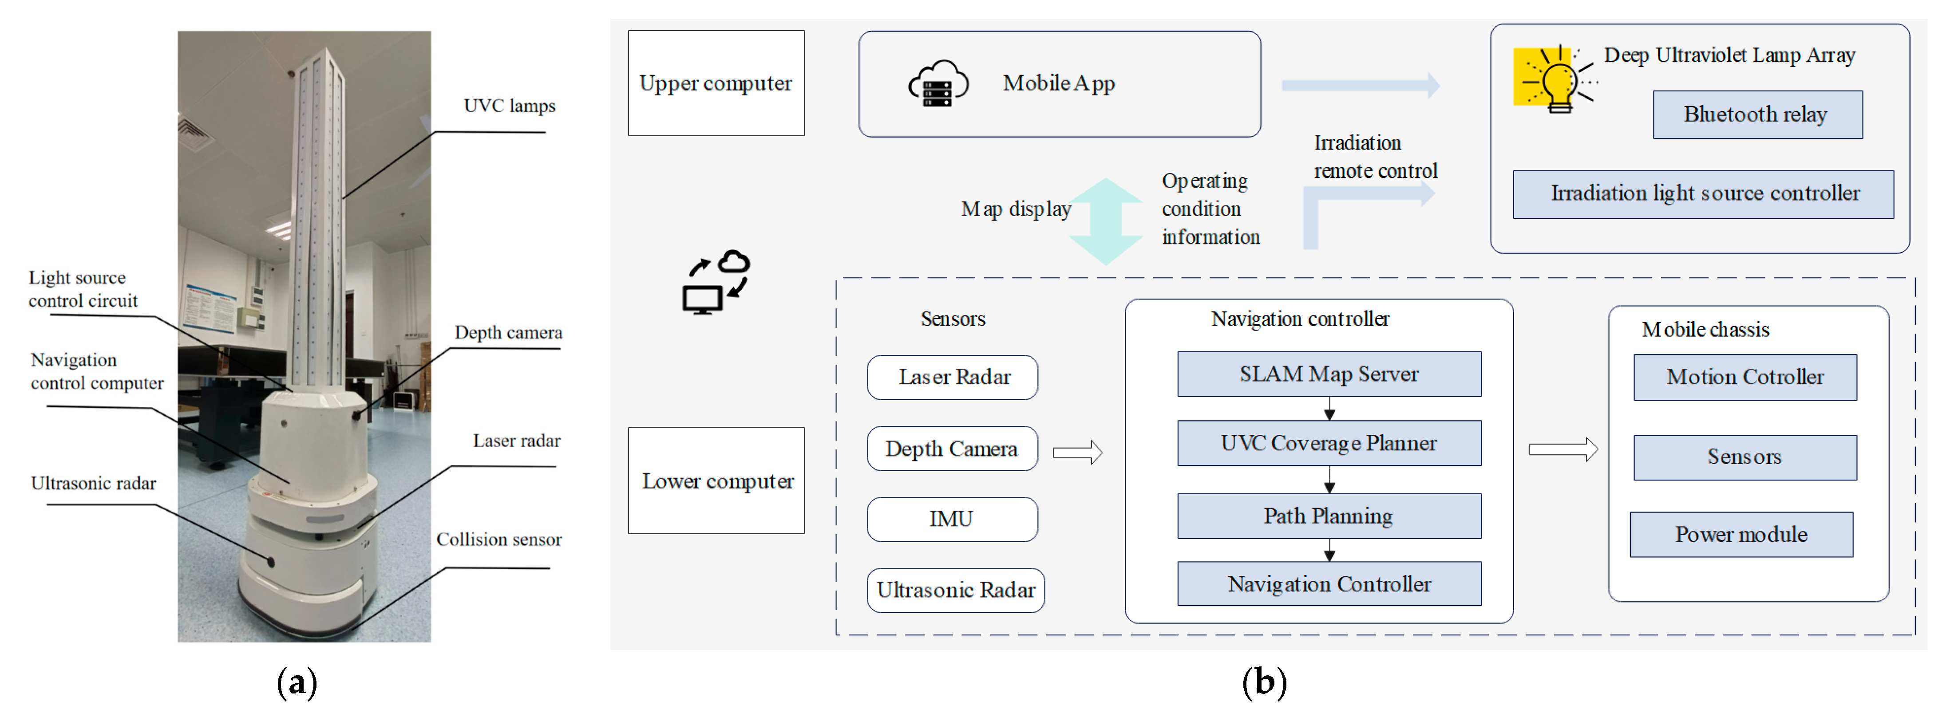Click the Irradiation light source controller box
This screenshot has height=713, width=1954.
(1702, 194)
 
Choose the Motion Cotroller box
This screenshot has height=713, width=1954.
(1744, 377)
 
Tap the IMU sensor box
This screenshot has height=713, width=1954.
(952, 519)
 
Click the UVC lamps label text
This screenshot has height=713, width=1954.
(509, 106)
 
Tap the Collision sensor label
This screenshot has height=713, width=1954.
(498, 540)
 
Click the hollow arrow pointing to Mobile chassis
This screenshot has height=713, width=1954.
(1562, 450)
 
